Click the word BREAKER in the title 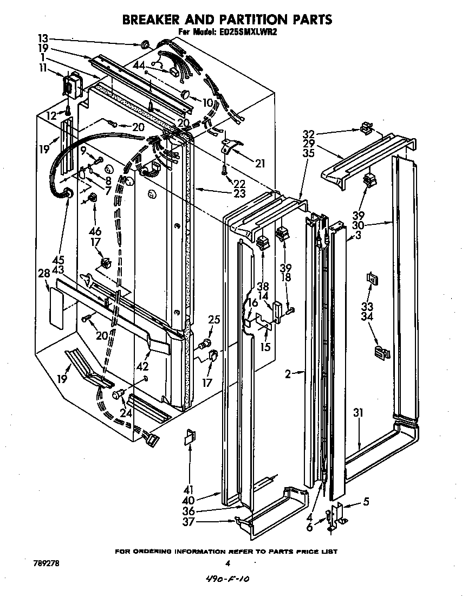(x=155, y=20)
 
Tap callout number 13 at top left (x=43, y=38)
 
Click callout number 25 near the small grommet (x=214, y=320)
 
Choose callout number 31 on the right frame (x=358, y=413)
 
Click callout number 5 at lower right (x=366, y=502)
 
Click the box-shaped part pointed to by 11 (x=70, y=84)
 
